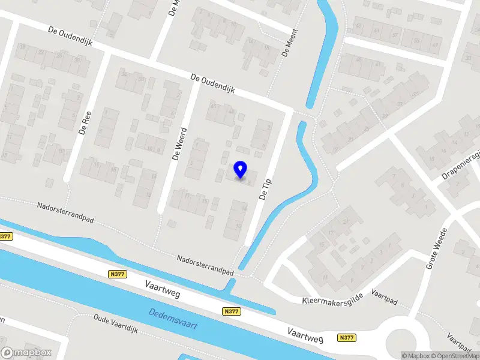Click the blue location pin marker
click(x=241, y=170)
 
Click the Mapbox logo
click(x=26, y=353)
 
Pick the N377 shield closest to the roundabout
click(x=346, y=338)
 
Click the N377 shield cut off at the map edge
click(x=5, y=236)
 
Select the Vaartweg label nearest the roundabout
click(x=305, y=335)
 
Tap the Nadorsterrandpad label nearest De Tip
click(x=205, y=266)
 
